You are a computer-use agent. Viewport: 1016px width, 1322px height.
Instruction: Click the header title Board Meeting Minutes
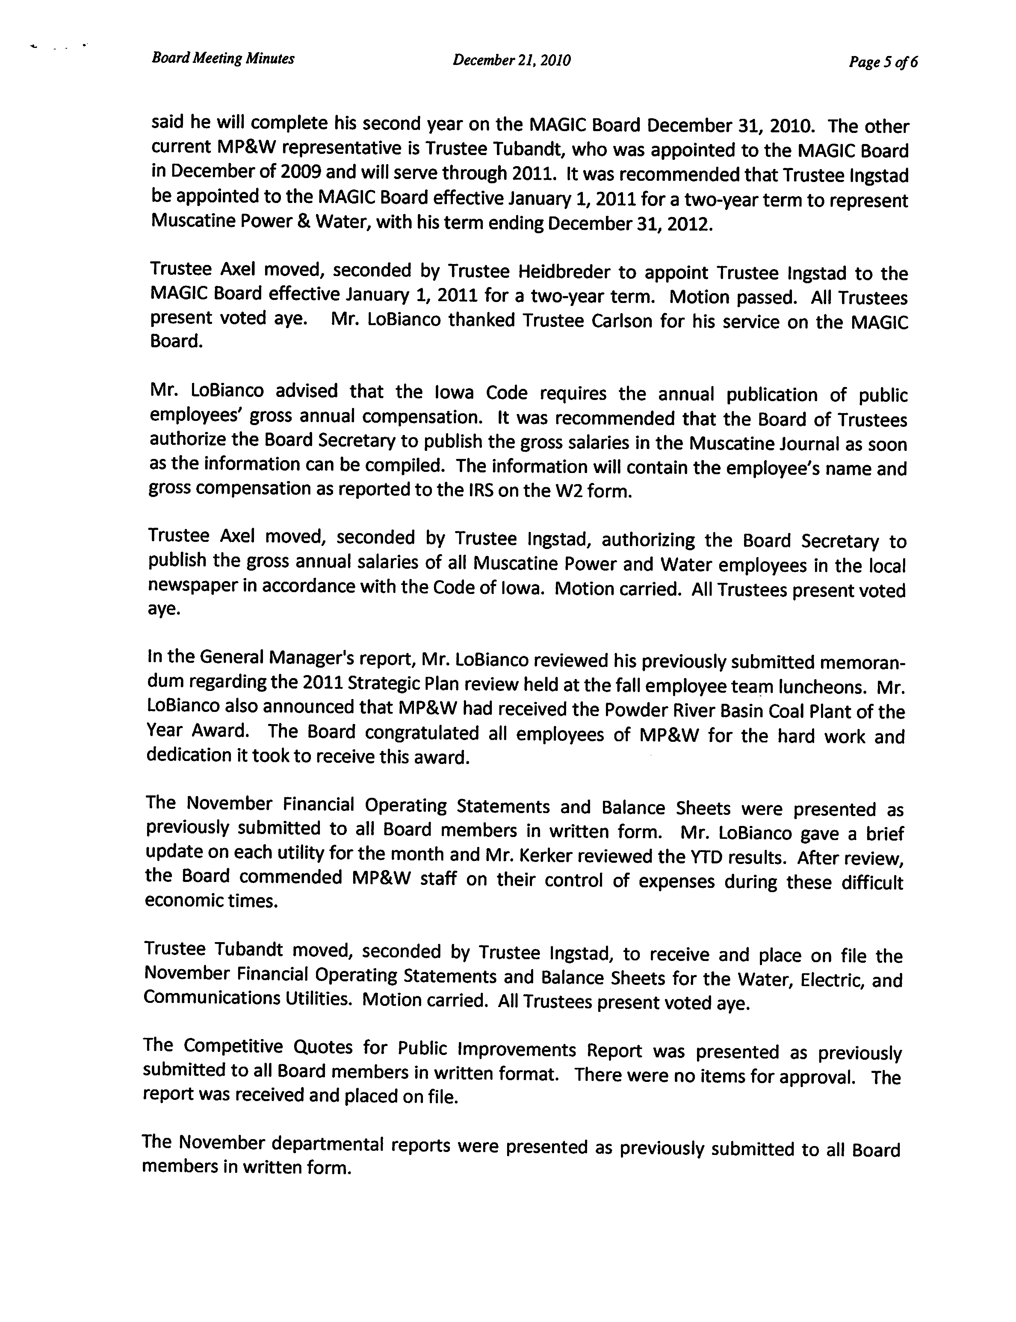223,59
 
